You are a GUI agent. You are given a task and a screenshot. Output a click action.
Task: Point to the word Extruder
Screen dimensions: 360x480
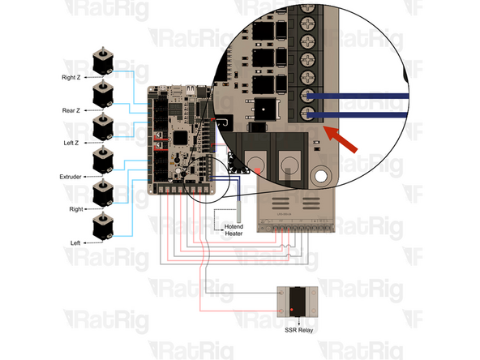[72, 176]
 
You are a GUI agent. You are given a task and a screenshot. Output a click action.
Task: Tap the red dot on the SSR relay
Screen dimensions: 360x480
[291, 311]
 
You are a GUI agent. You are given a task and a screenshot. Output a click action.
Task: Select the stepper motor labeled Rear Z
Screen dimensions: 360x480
[102, 93]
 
